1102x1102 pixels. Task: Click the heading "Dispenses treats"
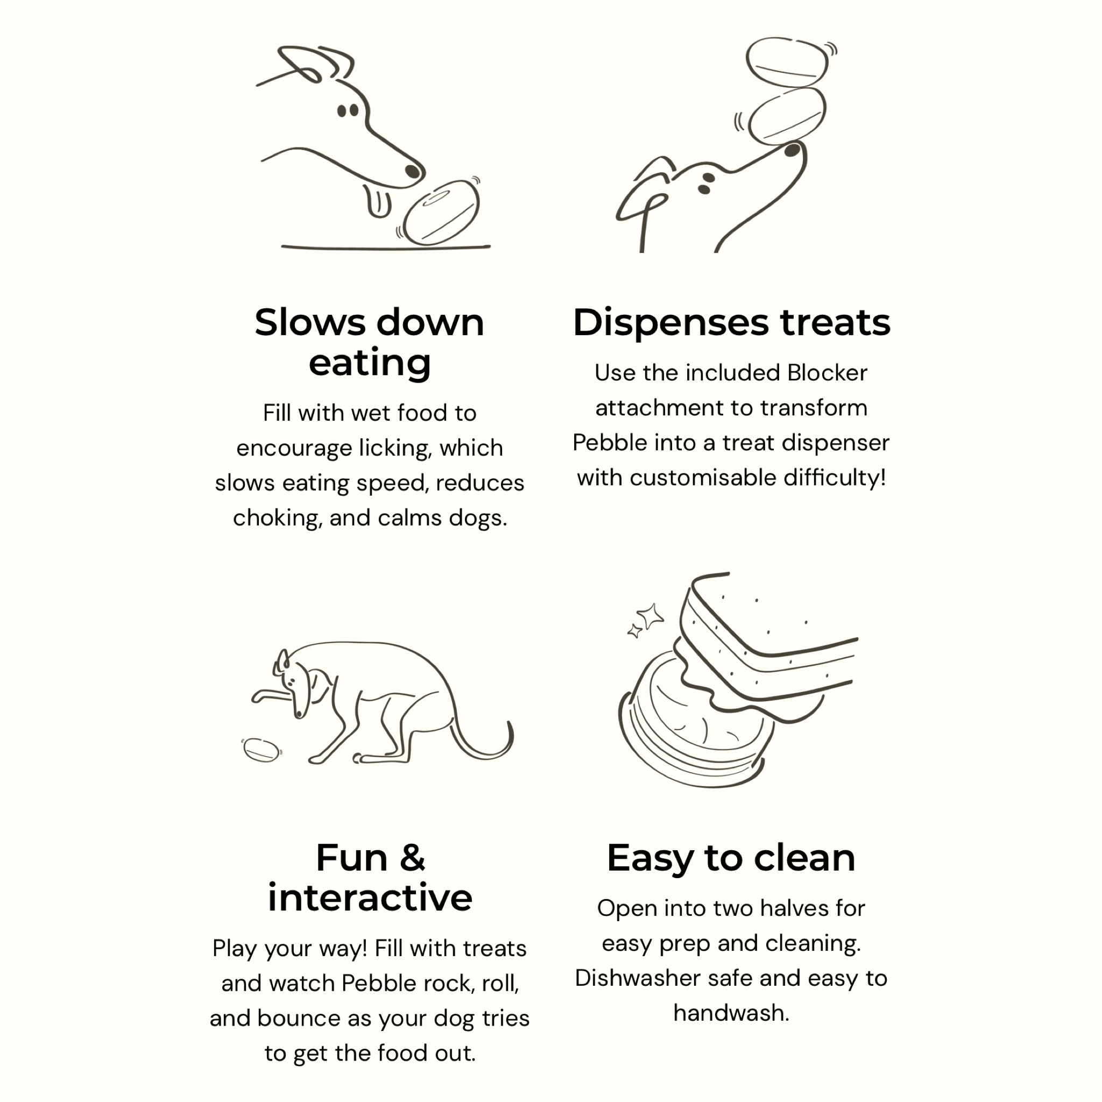[731, 323]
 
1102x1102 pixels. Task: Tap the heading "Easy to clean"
[731, 858]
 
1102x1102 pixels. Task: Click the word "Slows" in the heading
[309, 323]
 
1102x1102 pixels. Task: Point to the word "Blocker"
[827, 373]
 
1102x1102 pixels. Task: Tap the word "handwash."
[731, 1013]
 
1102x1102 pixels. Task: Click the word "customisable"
[703, 478]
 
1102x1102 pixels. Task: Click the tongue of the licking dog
[378, 201]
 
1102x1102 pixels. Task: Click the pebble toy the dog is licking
[441, 212]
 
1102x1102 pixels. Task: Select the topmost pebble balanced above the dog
[787, 62]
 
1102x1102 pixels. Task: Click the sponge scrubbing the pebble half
[764, 645]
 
